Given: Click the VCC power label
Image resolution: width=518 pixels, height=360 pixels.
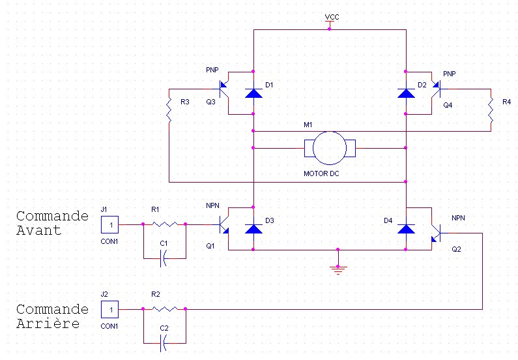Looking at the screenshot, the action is coord(332,17).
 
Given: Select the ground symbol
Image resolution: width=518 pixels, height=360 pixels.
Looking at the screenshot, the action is coord(338,271).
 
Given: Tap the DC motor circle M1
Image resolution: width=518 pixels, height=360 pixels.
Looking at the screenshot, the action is coord(329,148).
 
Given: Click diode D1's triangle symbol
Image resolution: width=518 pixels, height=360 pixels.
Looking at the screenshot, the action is coord(253,93).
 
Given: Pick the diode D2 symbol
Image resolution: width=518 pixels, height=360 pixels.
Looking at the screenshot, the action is coord(406,93).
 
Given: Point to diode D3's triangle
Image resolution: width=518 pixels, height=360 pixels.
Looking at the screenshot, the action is coord(253,229).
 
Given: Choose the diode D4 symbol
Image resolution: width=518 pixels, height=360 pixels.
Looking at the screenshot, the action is coord(406,229).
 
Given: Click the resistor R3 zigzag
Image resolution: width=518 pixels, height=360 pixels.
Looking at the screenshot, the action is coord(169,110).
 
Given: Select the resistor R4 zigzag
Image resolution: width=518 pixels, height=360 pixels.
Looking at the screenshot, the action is coord(491,110).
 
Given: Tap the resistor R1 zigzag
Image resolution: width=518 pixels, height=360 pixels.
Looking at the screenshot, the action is coord(164,224).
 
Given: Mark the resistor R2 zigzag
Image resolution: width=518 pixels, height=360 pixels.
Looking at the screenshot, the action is coord(164,309).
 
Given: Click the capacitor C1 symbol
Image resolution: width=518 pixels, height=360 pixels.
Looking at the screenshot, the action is coord(163,258).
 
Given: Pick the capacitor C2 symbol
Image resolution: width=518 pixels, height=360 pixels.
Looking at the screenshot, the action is coord(163,343).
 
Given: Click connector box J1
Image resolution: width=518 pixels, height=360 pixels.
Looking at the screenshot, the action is coord(109,225).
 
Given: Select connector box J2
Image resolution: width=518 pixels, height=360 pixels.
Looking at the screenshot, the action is coord(109,309).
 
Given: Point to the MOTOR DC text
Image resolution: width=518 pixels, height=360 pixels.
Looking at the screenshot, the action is coord(321,173).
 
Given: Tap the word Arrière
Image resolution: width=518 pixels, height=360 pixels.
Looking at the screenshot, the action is coord(48,323).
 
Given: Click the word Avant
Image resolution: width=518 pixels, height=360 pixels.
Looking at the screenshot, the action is coord(39,230).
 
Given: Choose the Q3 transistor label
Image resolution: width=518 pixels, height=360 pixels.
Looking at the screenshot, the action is coord(210,102).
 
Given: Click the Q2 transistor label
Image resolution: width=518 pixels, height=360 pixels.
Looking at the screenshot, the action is coord(456,249).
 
